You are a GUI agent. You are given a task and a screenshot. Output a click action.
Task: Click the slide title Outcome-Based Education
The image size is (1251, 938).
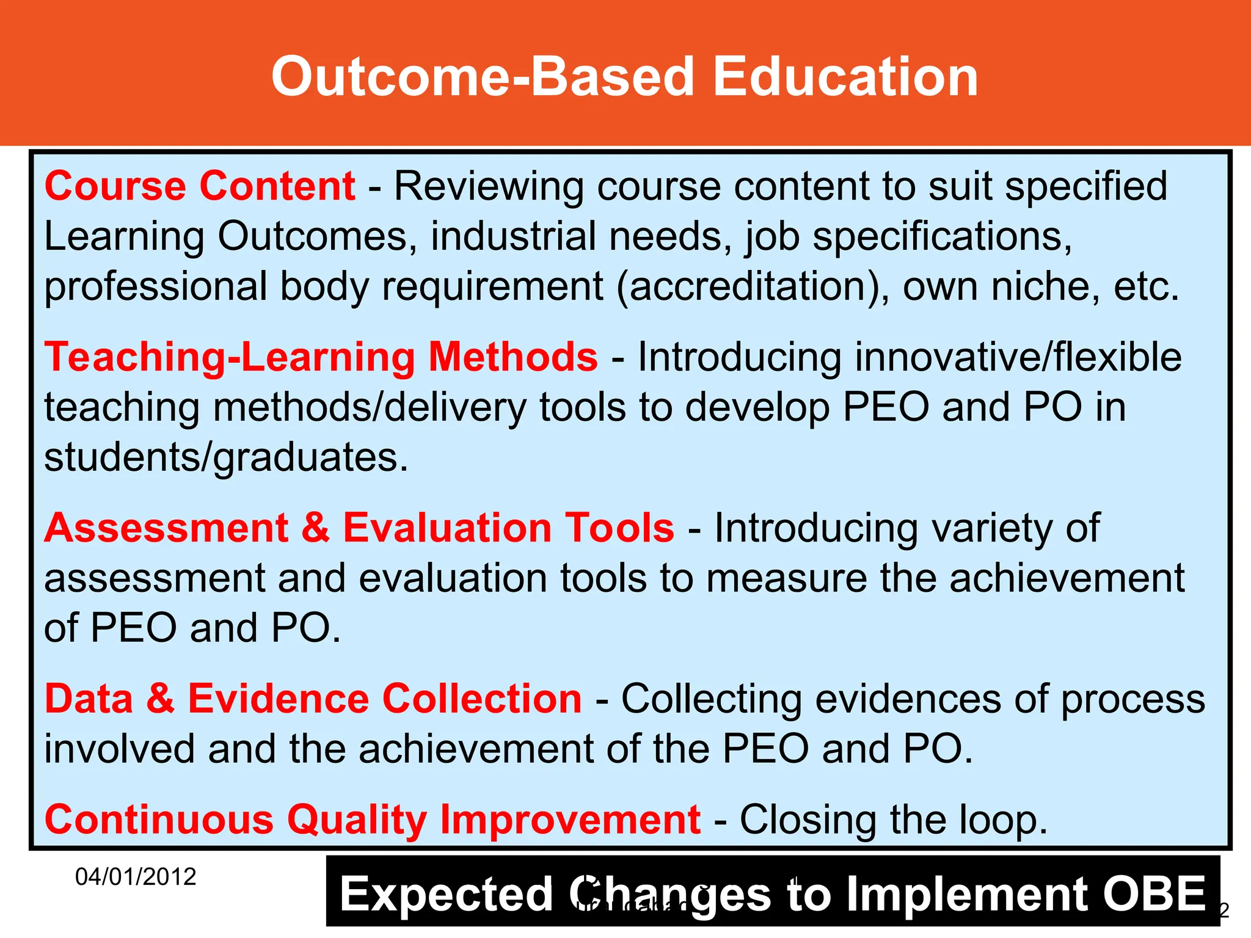click(625, 77)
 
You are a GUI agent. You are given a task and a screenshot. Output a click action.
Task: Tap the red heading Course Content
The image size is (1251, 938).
click(200, 186)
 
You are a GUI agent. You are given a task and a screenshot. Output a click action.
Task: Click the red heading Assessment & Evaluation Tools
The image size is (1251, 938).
click(359, 528)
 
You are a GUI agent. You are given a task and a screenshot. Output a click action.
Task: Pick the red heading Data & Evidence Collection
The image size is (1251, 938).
click(313, 699)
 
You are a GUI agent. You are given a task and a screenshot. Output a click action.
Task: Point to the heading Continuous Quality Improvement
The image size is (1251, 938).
click(372, 820)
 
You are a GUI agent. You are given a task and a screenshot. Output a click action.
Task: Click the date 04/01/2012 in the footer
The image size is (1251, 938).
click(135, 877)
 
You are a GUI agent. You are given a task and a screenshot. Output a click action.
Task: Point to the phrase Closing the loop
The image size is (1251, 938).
click(894, 820)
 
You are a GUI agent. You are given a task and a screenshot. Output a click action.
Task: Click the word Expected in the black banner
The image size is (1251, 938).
click(447, 894)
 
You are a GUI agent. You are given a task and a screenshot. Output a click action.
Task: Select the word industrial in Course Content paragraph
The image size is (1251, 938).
click(513, 237)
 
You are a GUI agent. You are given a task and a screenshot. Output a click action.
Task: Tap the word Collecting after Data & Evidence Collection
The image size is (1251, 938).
click(712, 699)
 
